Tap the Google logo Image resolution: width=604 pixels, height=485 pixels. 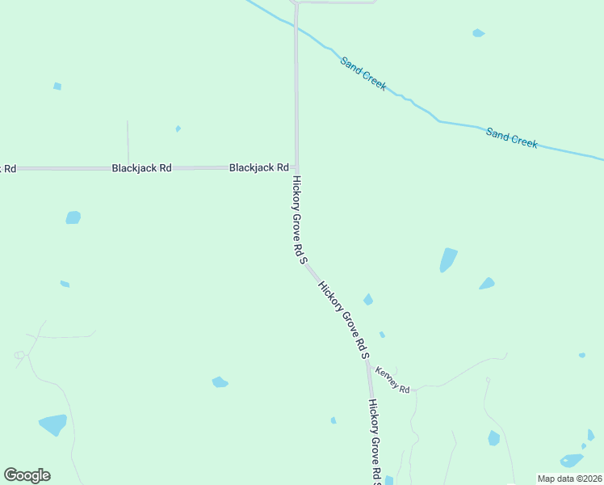[x=27, y=475]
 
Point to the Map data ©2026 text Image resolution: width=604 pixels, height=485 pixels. [x=569, y=478]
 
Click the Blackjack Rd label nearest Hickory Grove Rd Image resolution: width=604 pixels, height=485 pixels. [x=259, y=167]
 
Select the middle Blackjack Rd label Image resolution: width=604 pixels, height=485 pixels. [x=141, y=168]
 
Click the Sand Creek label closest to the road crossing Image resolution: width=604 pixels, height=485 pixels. [x=363, y=73]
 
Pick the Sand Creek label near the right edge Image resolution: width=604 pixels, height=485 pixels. [x=512, y=137]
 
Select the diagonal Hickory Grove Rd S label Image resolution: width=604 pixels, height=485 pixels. [x=343, y=320]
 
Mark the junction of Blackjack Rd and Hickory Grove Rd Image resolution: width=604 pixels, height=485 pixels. [x=296, y=168]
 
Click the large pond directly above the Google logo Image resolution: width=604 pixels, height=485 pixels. [x=53, y=424]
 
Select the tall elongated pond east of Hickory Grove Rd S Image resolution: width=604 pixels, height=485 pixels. [x=448, y=259]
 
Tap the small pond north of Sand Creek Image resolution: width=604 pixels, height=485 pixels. [x=478, y=33]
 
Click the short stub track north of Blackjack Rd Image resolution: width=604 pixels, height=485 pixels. [x=128, y=141]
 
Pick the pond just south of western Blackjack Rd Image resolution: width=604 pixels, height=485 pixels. [x=73, y=217]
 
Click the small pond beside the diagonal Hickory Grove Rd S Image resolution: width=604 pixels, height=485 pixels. [x=368, y=300]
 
